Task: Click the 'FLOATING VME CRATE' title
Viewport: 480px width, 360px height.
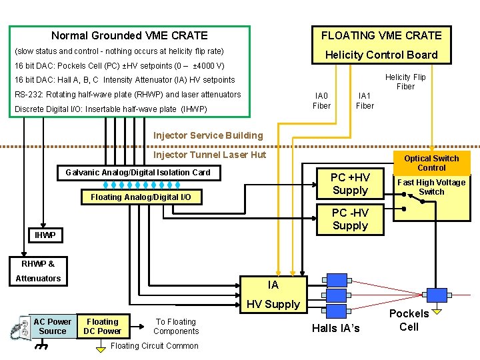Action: (x=381, y=35)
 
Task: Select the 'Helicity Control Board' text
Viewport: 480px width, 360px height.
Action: (x=381, y=55)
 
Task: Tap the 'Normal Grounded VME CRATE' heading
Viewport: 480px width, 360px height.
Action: (x=129, y=35)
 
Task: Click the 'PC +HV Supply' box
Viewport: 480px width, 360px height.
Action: (x=350, y=184)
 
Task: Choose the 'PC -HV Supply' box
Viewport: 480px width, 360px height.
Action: (x=350, y=219)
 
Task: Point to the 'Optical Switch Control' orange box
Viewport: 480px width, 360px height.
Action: (x=431, y=163)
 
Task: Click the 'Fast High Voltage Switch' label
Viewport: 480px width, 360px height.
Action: (x=431, y=187)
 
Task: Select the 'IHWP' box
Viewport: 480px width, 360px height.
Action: (x=45, y=235)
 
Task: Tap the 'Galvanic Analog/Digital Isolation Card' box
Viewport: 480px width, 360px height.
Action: (x=138, y=173)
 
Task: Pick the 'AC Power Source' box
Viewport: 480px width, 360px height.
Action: (x=53, y=327)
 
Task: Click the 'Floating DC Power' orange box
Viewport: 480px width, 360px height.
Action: (x=103, y=327)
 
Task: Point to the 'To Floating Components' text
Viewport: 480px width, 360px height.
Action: (x=176, y=327)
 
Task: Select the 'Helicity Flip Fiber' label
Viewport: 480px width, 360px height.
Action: (x=405, y=82)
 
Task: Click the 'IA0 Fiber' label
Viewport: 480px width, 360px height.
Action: (x=321, y=101)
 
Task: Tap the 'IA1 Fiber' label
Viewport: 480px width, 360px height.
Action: (x=365, y=101)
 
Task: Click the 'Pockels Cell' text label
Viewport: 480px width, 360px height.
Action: (x=409, y=320)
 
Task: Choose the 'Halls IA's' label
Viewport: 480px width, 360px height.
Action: (x=335, y=327)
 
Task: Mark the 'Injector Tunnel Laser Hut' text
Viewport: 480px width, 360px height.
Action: (x=209, y=155)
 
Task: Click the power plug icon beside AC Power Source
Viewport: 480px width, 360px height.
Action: (x=18, y=329)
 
